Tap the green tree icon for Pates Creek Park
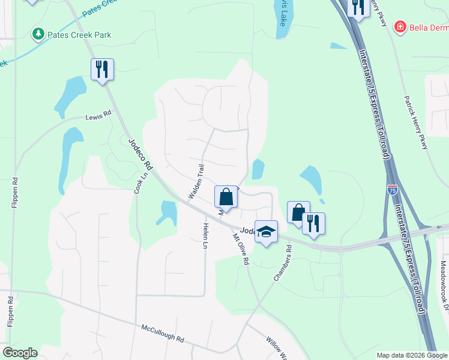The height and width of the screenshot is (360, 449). point(39,34)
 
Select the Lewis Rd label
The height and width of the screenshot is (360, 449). point(98,116)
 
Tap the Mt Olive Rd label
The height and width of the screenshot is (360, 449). point(240,250)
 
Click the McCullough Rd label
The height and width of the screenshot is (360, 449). point(163,333)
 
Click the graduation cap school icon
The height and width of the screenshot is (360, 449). point(266,230)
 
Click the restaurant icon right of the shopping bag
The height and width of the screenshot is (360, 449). point(313,223)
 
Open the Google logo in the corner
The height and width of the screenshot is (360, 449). point(20,353)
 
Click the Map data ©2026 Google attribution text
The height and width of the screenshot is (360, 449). point(412,355)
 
